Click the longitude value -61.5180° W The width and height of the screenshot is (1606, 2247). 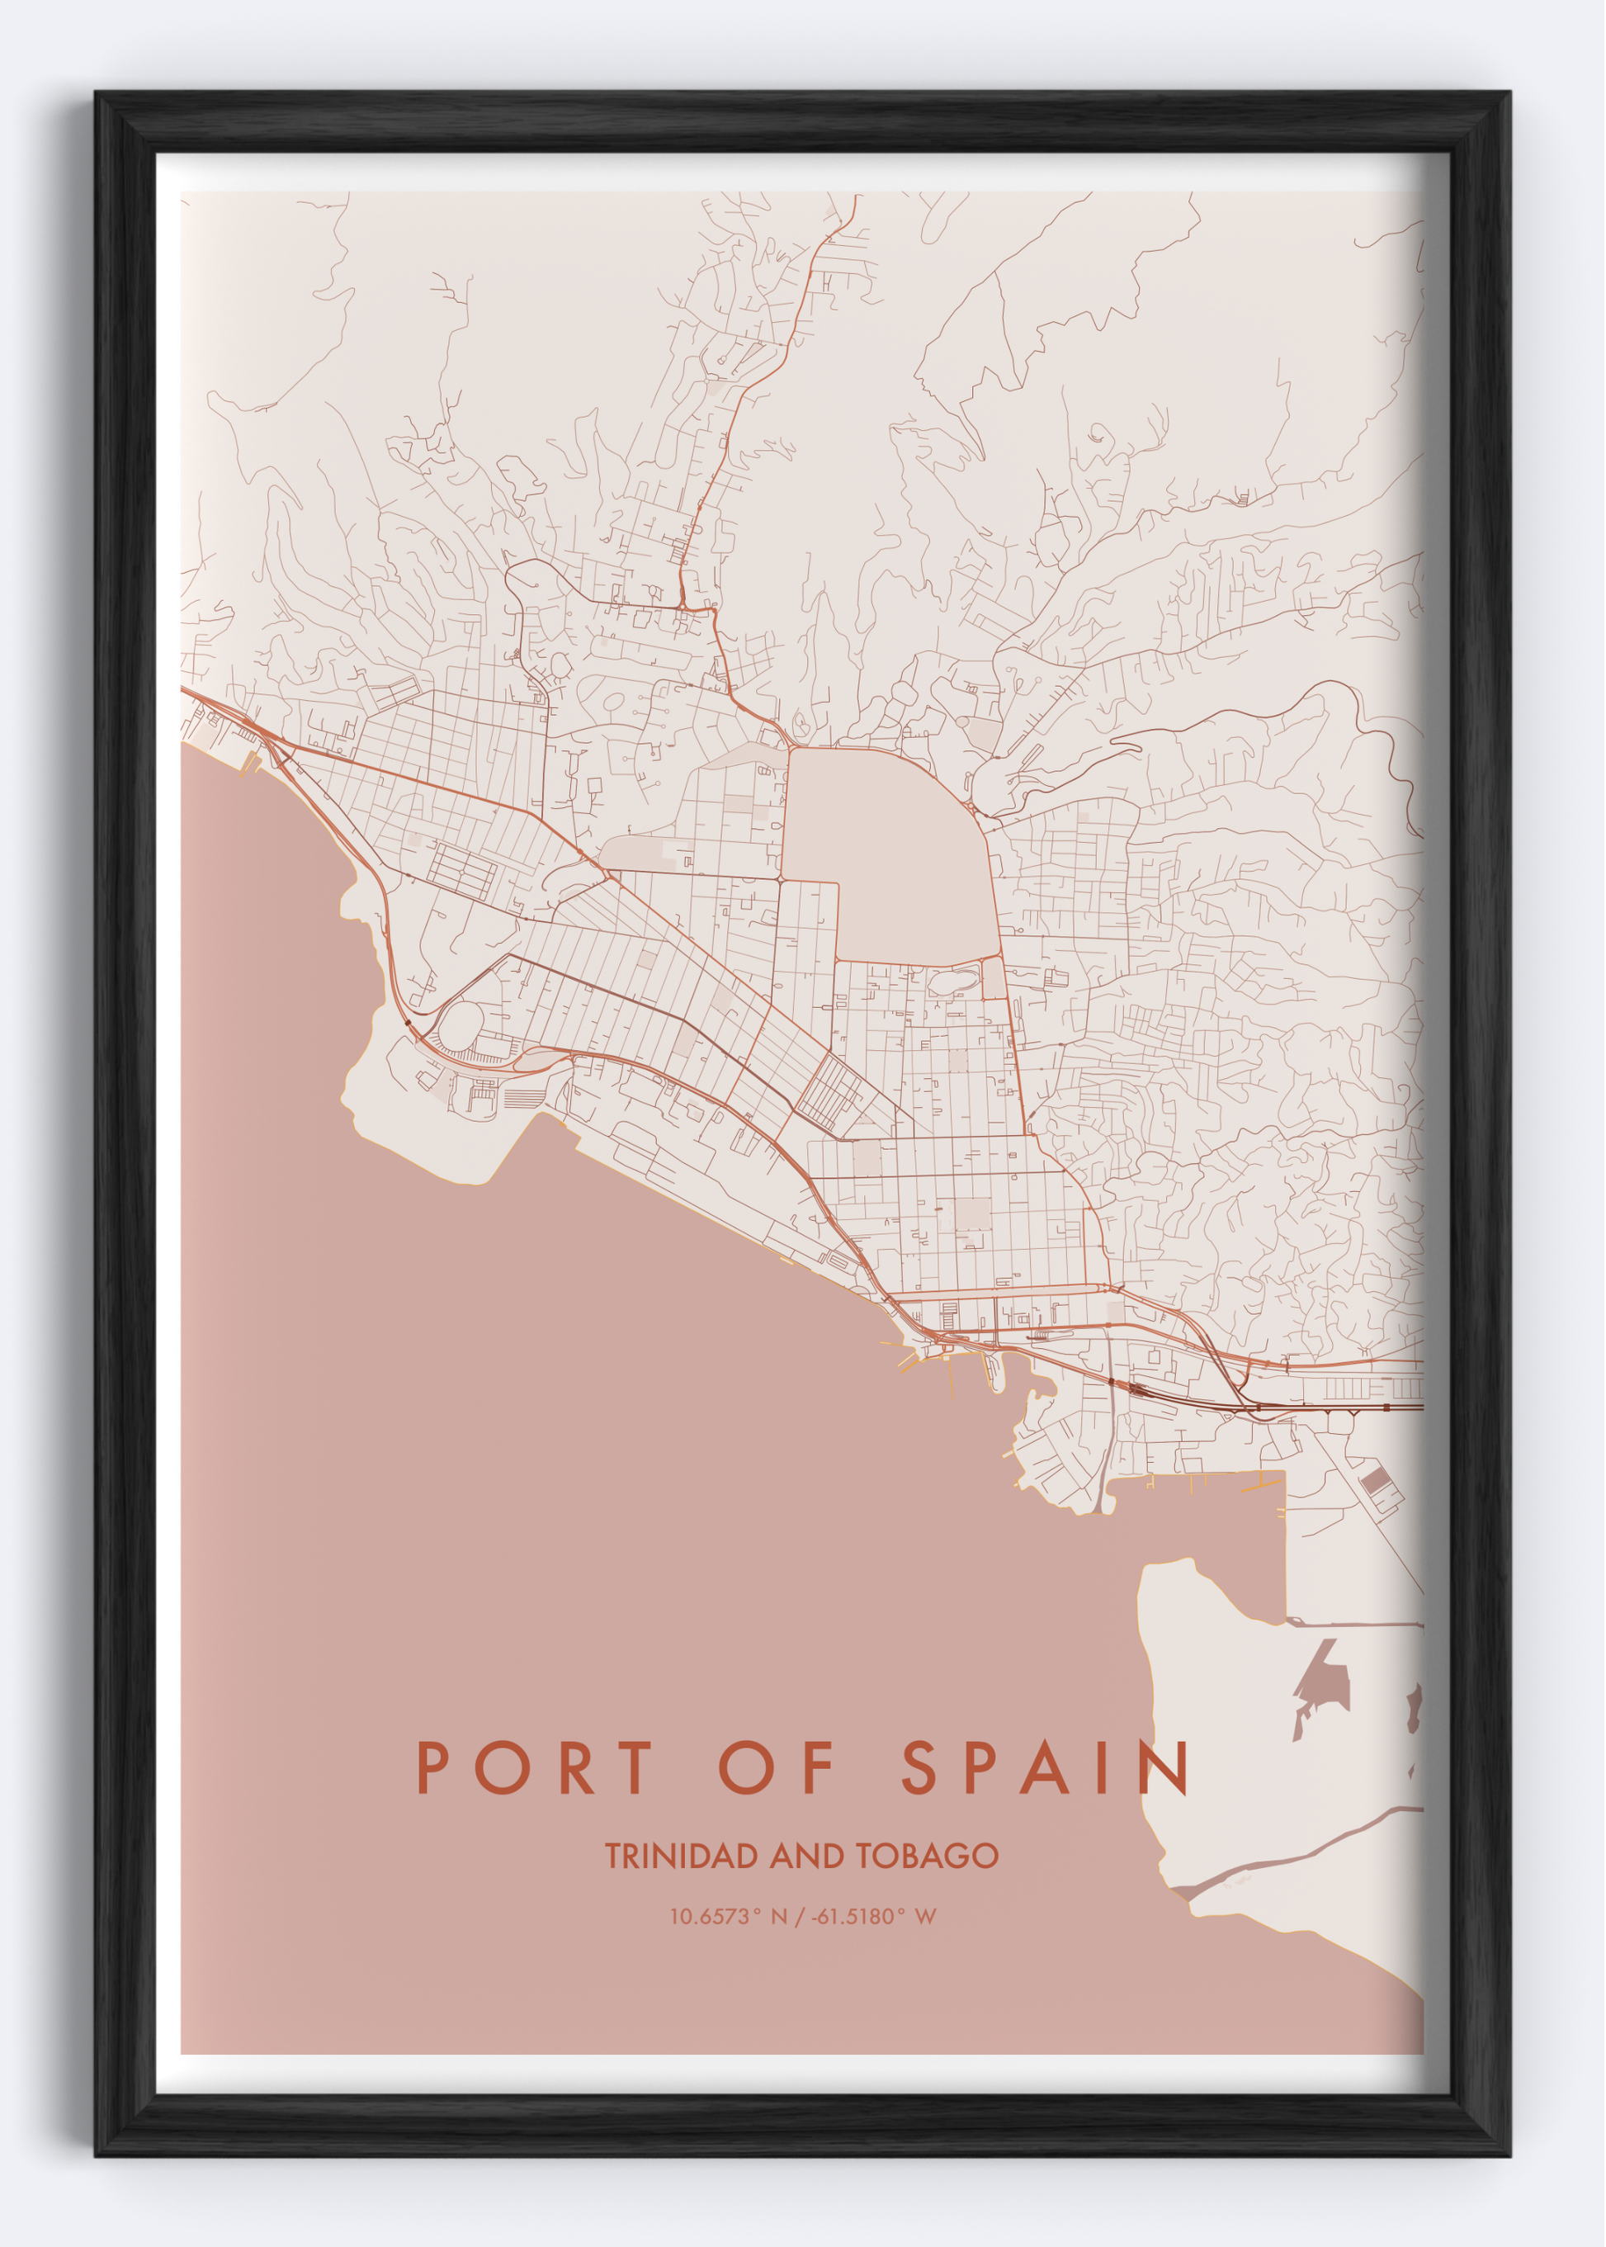click(x=873, y=1917)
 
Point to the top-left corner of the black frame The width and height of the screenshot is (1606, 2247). click(x=97, y=94)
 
